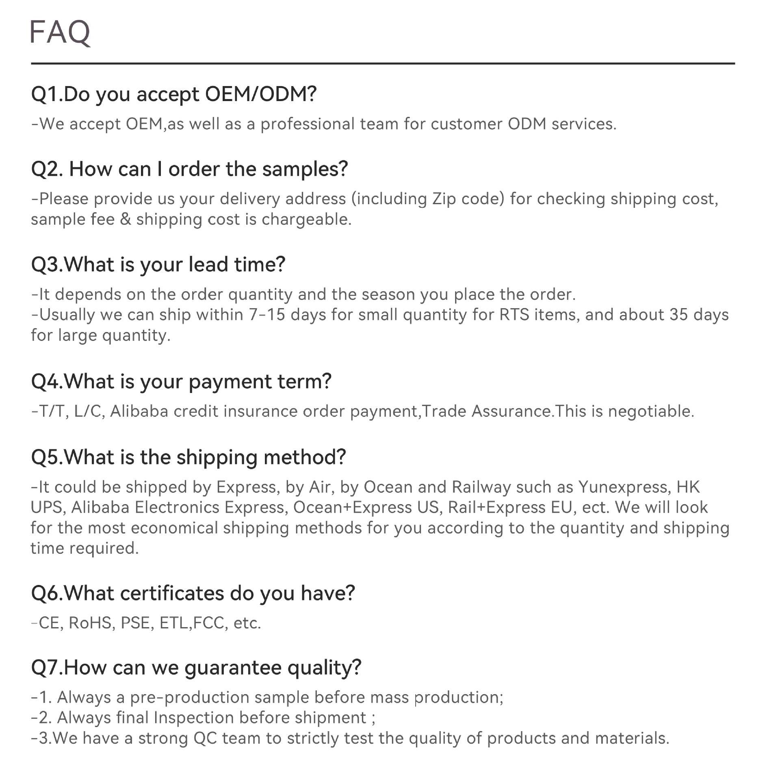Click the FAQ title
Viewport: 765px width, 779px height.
pos(60,32)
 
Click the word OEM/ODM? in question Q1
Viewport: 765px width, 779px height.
pos(260,94)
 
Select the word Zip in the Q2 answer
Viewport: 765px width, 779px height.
pos(444,199)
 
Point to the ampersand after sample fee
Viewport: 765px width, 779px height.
pos(126,220)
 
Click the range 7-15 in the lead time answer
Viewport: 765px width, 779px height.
pos(267,315)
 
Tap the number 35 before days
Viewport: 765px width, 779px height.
pos(678,315)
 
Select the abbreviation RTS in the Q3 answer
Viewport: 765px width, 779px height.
pos(514,315)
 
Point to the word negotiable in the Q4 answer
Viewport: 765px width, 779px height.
pos(650,412)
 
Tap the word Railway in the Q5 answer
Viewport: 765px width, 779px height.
pos(481,487)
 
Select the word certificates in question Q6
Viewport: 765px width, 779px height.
pos(172,593)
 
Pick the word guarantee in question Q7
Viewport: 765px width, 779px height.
pos(233,668)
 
